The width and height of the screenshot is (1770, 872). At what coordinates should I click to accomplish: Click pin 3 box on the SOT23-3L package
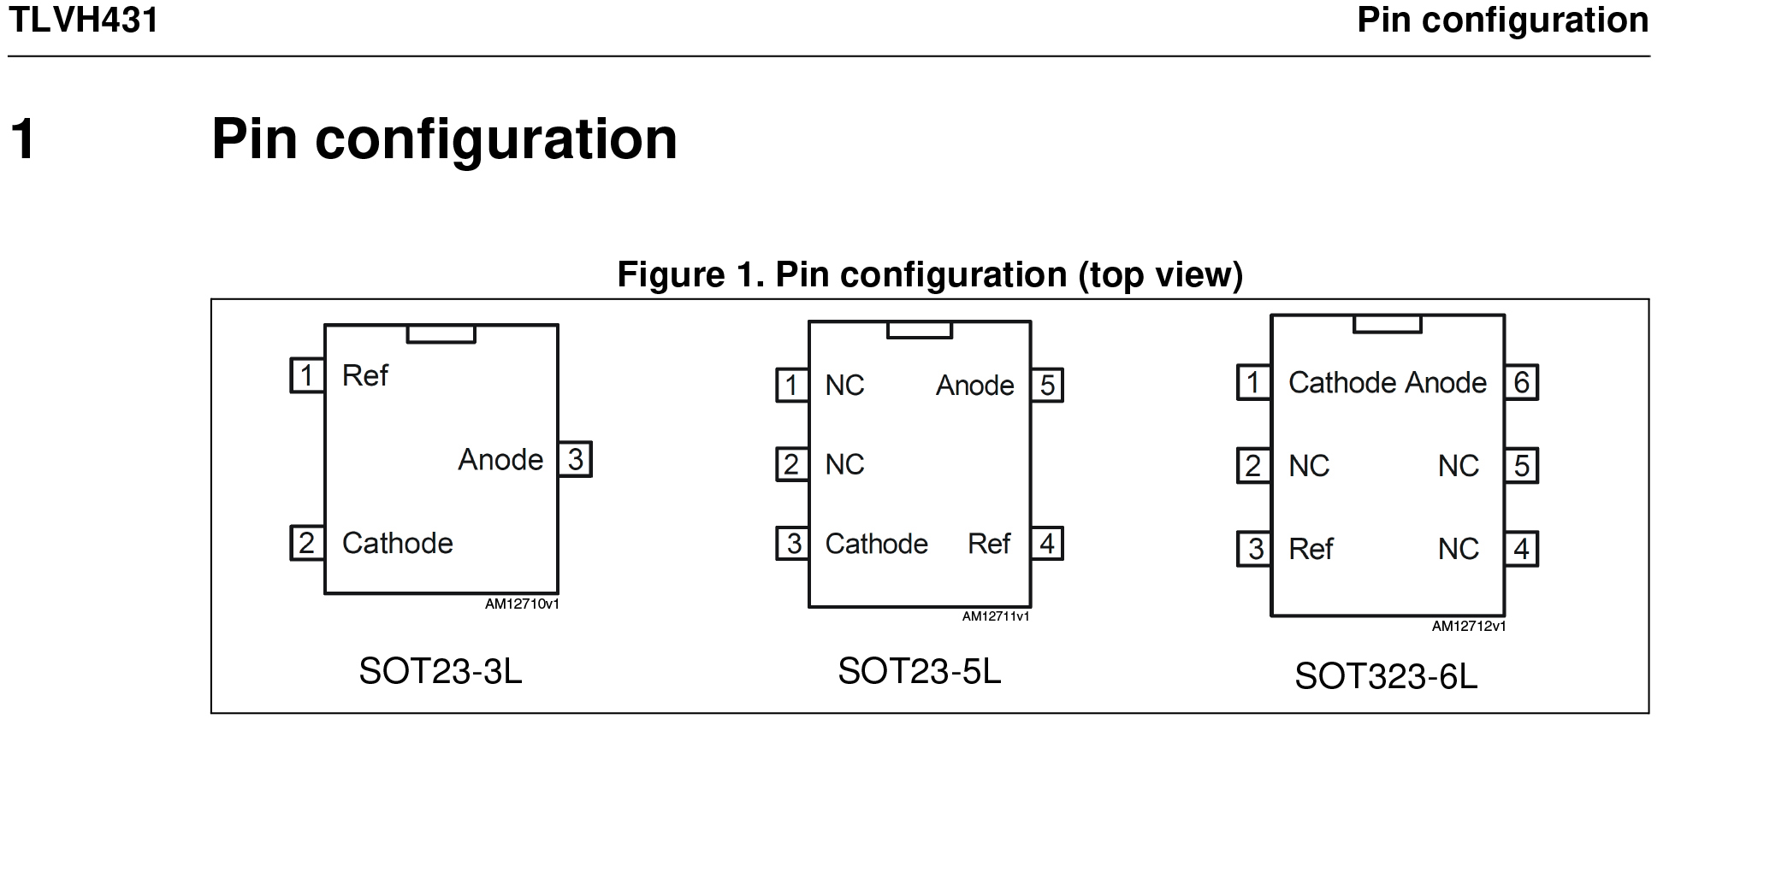(x=575, y=459)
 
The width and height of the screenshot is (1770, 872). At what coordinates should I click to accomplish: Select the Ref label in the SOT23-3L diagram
(x=365, y=375)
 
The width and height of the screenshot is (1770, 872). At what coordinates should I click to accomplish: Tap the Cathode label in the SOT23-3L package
(x=398, y=543)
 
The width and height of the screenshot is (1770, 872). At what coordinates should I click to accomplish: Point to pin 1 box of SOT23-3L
(x=307, y=375)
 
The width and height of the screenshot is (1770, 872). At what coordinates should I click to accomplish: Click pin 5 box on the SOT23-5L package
(x=1047, y=386)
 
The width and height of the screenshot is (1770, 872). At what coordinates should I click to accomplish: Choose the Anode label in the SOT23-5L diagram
(x=975, y=386)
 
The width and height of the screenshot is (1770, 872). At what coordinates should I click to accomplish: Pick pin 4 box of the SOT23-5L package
(x=1047, y=544)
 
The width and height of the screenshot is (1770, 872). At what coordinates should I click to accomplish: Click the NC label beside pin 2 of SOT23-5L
(x=844, y=465)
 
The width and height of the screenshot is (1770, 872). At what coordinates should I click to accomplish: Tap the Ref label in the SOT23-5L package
(x=989, y=544)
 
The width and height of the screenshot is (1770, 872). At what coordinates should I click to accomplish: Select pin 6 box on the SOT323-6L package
(x=1521, y=382)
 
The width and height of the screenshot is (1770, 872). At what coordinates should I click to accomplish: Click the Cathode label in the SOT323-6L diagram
(x=1344, y=382)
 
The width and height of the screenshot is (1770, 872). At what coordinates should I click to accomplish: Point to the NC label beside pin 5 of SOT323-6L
(x=1459, y=466)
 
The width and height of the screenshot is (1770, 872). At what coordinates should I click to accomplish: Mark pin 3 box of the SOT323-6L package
(x=1254, y=549)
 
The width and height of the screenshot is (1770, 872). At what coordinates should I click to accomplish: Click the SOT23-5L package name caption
(x=920, y=671)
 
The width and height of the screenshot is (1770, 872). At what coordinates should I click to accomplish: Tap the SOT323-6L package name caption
(x=1386, y=676)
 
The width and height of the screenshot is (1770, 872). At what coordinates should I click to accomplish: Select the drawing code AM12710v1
(x=522, y=604)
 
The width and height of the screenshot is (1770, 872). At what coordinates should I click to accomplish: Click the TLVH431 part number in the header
(x=83, y=20)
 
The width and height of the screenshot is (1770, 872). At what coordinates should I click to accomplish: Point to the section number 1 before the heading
(x=23, y=138)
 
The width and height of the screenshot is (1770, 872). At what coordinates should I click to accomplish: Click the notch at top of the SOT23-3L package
(x=441, y=333)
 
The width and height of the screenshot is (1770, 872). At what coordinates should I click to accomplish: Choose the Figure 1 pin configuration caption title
(x=930, y=274)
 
